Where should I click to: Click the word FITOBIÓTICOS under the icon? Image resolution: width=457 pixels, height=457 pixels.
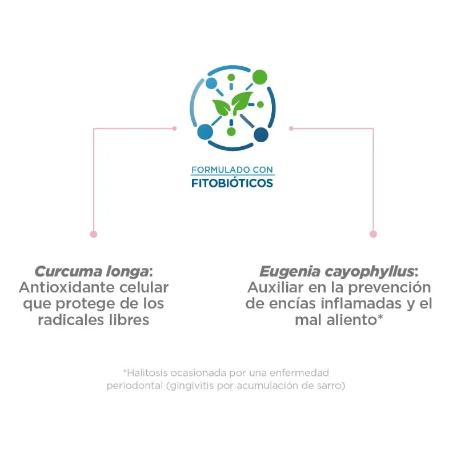232,183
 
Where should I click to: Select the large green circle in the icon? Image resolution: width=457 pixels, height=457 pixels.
259,77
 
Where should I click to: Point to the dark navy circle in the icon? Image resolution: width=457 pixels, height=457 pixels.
261,135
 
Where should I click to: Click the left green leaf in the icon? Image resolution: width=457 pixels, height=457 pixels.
221,107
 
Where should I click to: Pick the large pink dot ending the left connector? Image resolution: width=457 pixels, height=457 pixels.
94,234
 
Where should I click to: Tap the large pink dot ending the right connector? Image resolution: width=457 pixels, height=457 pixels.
373,234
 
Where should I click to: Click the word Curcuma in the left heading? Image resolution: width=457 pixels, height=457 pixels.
68,272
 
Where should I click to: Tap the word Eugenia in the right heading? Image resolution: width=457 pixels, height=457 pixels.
290,272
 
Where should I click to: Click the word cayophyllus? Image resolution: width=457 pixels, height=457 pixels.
370,272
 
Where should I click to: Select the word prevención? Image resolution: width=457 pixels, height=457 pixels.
390,288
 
